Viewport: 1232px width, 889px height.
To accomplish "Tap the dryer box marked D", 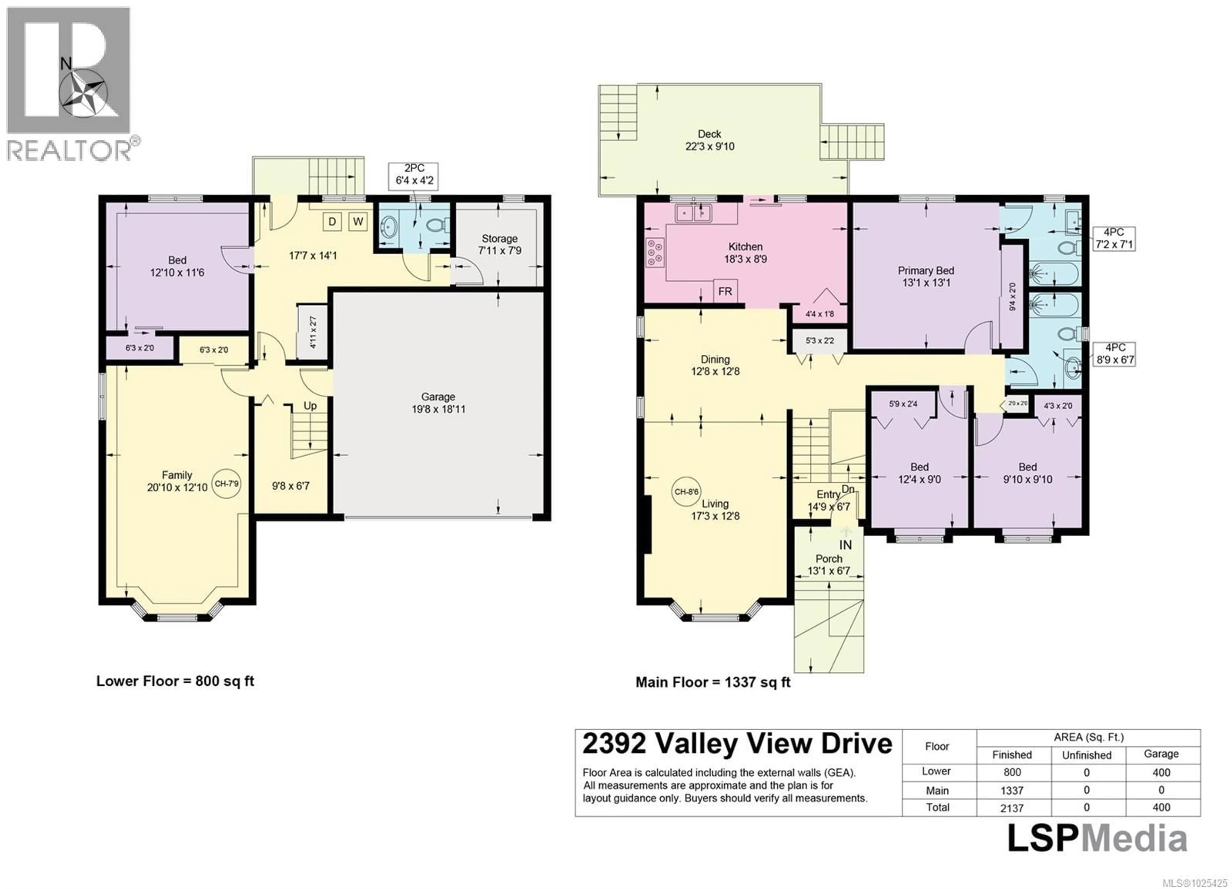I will tap(332, 222).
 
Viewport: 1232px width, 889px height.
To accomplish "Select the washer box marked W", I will tap(358, 222).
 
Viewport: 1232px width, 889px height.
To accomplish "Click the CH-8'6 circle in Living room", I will tap(686, 492).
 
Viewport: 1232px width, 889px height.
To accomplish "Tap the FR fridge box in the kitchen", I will tap(725, 292).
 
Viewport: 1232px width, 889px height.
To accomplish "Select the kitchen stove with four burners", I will tap(654, 253).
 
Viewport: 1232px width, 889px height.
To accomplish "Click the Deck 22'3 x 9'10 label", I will tap(709, 140).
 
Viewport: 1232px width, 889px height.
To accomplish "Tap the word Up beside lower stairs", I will tap(310, 406).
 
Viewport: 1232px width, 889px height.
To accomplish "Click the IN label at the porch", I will tap(846, 545).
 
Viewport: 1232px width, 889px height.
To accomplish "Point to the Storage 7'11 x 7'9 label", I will tap(499, 244).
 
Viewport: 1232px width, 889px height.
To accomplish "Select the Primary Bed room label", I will tap(926, 276).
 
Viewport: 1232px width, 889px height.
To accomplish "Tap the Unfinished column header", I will tap(1086, 755).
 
